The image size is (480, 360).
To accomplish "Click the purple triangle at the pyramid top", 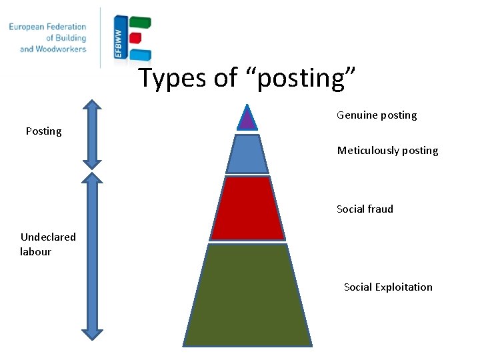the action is click(247, 119).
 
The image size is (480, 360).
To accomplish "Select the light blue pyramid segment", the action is click(247, 154).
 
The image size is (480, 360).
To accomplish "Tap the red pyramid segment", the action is click(247, 208).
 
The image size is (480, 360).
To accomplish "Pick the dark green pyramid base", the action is click(247, 295).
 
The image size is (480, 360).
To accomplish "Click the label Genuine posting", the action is click(377, 115).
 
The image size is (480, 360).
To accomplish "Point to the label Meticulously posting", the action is click(387, 151).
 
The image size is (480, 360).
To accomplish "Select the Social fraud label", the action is click(365, 209).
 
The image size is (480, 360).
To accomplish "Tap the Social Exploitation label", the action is click(388, 287).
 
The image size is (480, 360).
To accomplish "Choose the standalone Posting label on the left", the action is click(43, 131).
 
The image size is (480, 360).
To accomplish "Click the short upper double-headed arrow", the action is click(93, 134).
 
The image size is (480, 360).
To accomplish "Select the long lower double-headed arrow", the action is click(93, 255).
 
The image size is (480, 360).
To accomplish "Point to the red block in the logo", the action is click(135, 38).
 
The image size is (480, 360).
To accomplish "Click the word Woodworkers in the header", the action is click(63, 49).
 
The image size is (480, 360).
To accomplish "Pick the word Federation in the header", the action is click(71, 27).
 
